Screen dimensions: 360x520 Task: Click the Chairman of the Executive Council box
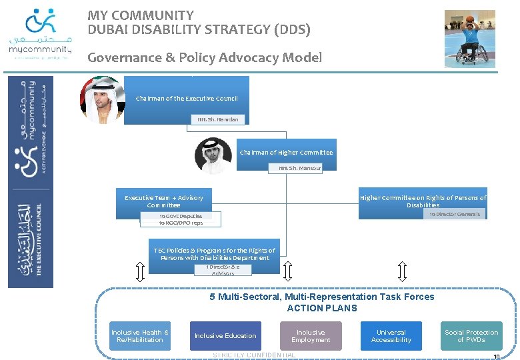[187, 99]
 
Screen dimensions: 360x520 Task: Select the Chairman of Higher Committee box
[287, 153]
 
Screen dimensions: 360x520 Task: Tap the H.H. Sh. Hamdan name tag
[217, 119]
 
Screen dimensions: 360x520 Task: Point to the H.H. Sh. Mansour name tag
[300, 168]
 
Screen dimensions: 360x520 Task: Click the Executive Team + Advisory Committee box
[163, 201]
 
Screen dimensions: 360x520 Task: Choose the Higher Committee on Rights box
[423, 201]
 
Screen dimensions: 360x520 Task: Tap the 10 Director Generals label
[455, 214]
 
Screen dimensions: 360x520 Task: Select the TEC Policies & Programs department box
[214, 253]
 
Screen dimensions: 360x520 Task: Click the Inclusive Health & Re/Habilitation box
[140, 336]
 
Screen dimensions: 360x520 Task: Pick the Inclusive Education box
[225, 336]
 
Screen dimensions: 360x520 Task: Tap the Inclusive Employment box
[311, 336]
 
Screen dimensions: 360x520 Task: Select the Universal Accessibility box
[391, 336]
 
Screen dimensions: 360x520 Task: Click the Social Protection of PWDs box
[471, 336]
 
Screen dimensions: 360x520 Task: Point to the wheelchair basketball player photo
[470, 39]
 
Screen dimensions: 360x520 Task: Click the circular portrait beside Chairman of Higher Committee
[213, 155]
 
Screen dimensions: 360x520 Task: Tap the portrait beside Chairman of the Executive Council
[102, 100]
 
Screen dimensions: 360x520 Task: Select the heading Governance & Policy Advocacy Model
[205, 57]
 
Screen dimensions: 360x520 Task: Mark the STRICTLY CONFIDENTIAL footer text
[254, 355]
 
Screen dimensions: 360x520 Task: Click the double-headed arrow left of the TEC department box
[139, 271]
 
